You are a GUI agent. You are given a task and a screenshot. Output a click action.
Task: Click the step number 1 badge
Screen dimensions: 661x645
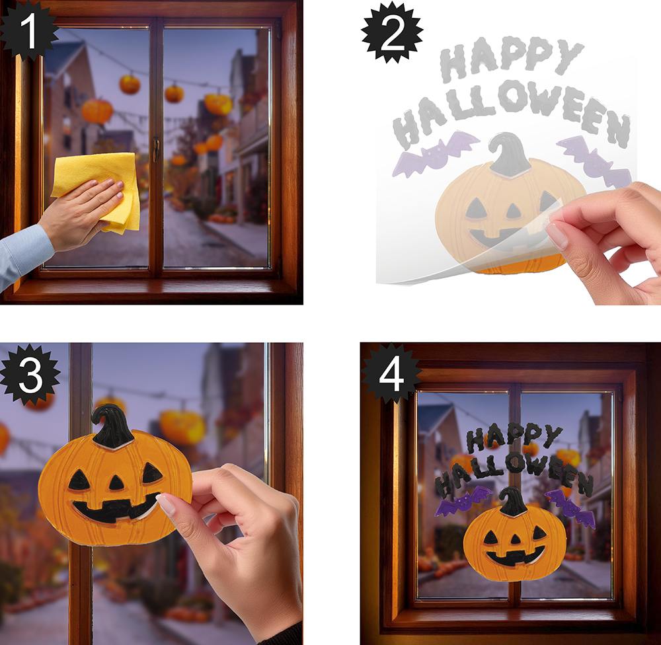28,30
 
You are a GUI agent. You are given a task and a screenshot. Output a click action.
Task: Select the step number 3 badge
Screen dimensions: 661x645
30,375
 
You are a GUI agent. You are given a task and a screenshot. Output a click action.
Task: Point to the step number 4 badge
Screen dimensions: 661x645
391,373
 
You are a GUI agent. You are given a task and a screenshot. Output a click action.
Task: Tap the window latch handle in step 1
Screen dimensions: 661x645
156,149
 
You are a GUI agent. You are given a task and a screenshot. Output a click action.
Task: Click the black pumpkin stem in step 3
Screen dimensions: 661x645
112,426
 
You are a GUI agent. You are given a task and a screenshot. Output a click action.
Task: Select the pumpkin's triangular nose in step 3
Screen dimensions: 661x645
116,482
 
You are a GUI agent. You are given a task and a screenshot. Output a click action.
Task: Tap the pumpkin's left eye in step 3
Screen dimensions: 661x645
79,480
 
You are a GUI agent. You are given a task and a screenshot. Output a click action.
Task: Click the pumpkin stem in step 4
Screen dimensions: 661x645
513,502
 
